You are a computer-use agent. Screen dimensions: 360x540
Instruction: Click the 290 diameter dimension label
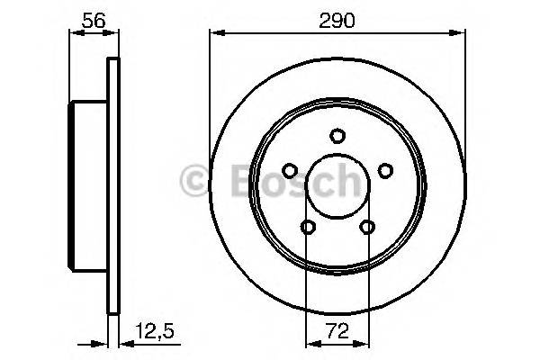tap(337, 17)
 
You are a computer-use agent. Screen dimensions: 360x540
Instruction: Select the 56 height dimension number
tap(93, 17)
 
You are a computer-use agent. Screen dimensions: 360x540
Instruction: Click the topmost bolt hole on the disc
tap(337, 136)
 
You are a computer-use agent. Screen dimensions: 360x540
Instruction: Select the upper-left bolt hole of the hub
tap(290, 170)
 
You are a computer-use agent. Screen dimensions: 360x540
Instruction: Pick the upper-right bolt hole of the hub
tap(385, 170)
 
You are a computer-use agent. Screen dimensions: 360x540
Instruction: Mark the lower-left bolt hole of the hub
tap(308, 227)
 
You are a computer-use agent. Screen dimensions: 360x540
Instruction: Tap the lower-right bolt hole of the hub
tap(367, 227)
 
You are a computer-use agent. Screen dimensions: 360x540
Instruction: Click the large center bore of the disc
tap(337, 186)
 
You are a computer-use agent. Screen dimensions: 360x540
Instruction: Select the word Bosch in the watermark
tap(288, 183)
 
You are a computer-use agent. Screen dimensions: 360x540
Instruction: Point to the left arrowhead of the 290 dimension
tap(214, 34)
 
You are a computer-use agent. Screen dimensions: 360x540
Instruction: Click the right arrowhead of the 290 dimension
tap(462, 34)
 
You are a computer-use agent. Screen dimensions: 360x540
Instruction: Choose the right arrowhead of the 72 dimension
tap(364, 342)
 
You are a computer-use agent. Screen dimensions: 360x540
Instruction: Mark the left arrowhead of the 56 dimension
tap(74, 34)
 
